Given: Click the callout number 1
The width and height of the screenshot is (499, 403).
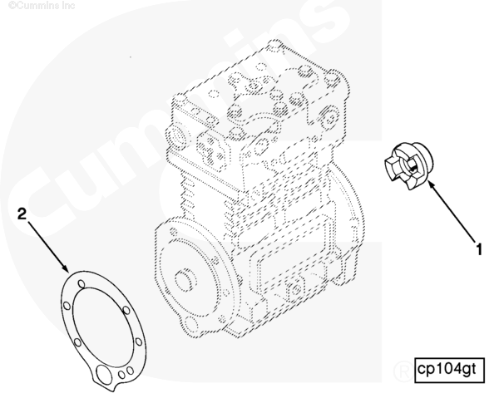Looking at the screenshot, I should tap(478, 247).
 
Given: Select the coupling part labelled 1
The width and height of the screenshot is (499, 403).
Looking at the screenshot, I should tap(408, 162).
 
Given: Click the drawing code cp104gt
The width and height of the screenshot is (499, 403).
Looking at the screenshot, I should tap(447, 368).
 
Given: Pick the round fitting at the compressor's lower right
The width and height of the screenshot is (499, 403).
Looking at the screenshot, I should tap(292, 292).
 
